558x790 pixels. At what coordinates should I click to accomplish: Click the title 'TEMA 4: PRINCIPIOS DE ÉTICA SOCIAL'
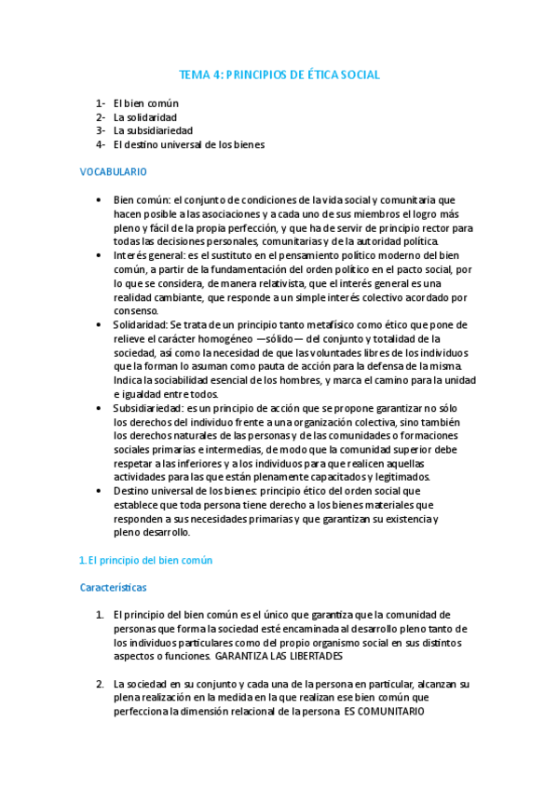point(279,75)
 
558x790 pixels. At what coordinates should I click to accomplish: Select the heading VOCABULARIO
point(113,172)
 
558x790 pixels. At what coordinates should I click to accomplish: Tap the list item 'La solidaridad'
point(145,116)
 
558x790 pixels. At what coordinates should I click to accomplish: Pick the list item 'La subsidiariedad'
point(153,130)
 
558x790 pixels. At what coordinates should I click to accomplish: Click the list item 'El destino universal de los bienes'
point(189,144)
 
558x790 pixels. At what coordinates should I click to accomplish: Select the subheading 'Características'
point(113,588)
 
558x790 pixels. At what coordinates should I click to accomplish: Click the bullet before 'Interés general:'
point(100,254)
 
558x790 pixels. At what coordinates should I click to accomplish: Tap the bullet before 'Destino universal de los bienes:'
point(100,491)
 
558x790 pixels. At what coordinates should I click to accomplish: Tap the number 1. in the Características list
point(100,615)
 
